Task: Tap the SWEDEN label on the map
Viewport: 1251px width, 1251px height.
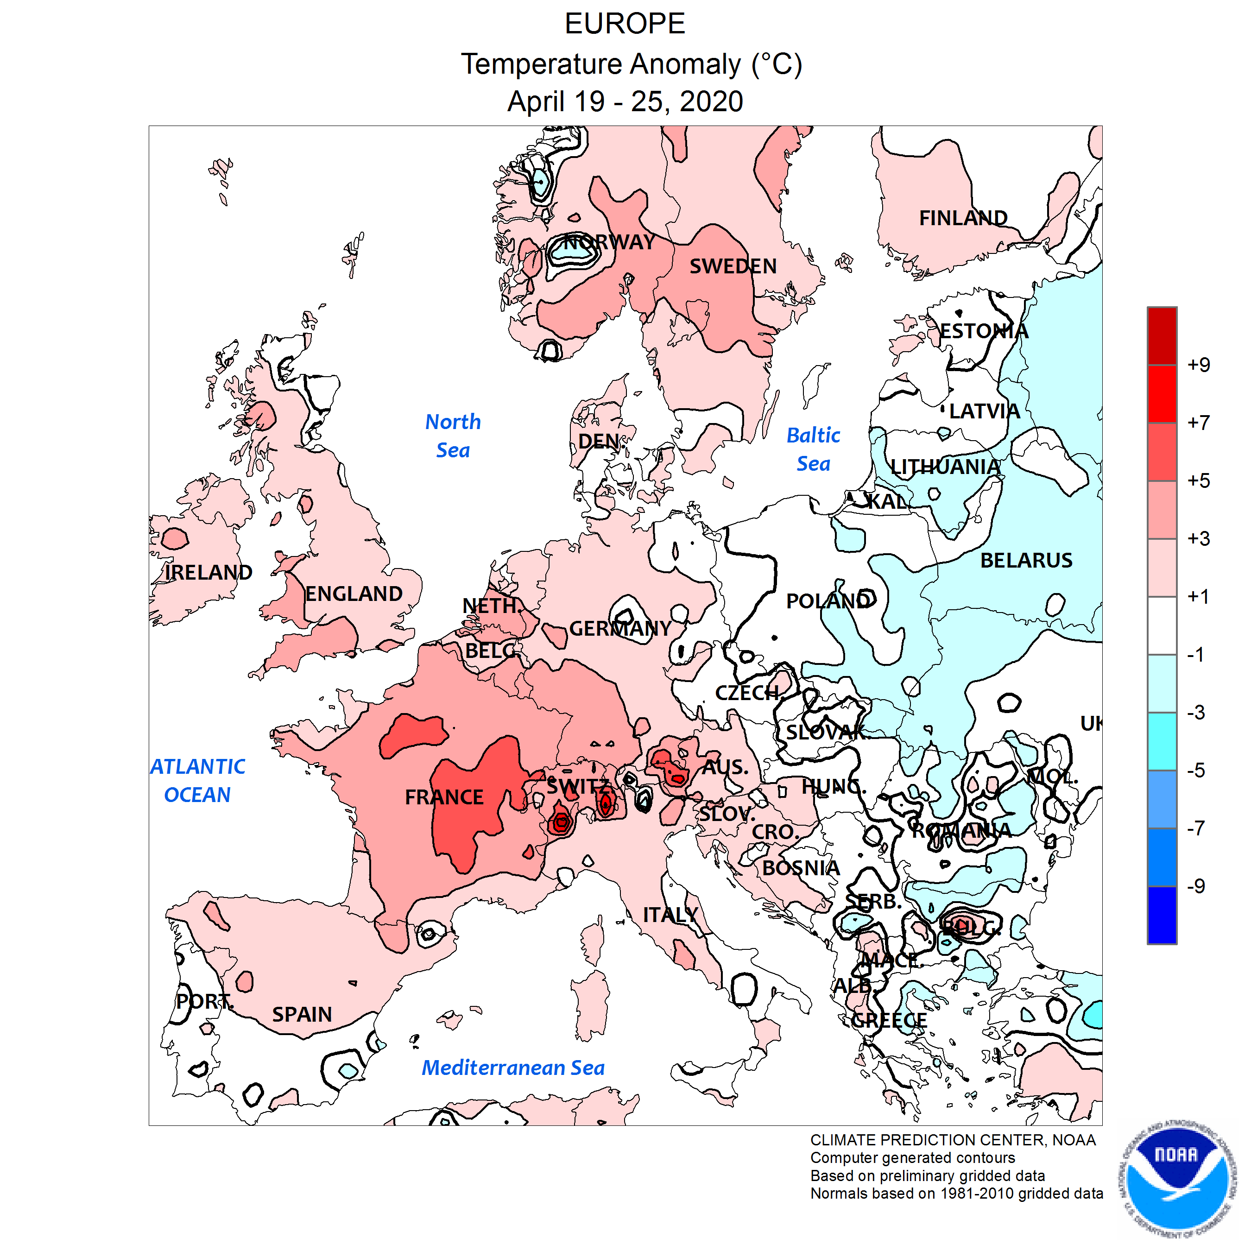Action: point(733,266)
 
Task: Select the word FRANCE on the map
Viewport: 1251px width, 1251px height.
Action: point(444,797)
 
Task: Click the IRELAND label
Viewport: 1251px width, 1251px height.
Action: point(208,572)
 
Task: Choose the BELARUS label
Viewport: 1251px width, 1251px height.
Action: point(1026,560)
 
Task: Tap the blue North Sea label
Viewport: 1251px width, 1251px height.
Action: point(453,436)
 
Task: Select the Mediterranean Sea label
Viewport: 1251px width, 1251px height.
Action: point(513,1068)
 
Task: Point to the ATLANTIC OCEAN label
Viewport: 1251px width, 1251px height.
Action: point(197,780)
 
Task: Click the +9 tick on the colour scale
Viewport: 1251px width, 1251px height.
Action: point(1199,365)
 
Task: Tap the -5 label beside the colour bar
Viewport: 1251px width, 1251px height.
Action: point(1196,771)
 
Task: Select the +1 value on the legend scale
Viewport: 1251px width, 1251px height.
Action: point(1199,596)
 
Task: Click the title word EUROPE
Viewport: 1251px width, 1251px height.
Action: point(625,24)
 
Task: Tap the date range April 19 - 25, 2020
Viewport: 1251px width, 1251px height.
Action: point(625,101)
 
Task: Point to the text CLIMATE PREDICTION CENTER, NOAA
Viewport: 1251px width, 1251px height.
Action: point(953,1140)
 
